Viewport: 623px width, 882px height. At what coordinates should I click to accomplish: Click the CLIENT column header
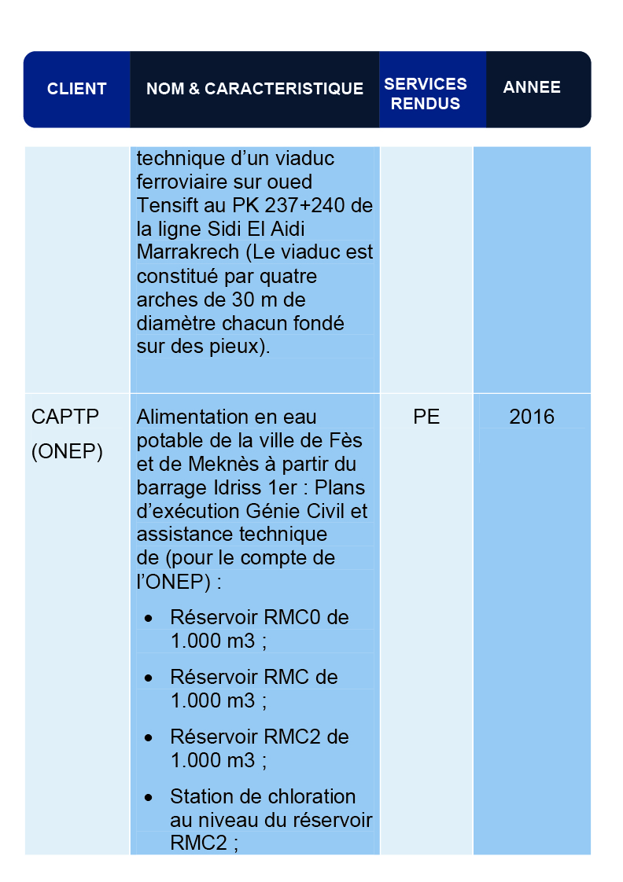[76, 89]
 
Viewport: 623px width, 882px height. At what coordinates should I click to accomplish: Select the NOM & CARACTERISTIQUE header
[255, 89]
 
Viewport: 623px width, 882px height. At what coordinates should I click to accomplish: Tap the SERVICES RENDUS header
[426, 94]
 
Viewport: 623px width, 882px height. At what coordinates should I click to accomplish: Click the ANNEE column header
[532, 87]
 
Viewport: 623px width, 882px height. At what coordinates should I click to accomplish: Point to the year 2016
[532, 417]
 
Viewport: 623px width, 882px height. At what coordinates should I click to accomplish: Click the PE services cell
[426, 417]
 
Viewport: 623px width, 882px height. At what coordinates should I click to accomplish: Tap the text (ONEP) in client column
[67, 453]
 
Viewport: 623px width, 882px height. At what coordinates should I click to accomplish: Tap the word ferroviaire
[182, 182]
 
